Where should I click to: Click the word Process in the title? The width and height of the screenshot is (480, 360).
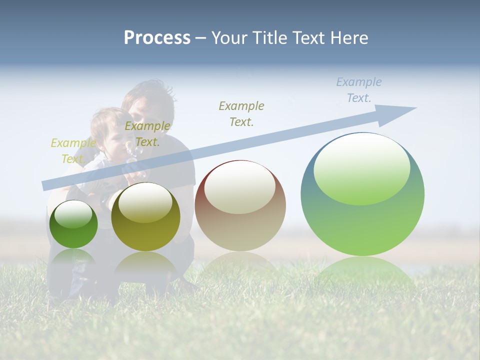157,38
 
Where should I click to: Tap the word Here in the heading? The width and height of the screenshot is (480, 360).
348,38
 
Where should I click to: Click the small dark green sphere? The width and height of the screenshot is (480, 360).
73,224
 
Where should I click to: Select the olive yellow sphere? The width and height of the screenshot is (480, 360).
145,216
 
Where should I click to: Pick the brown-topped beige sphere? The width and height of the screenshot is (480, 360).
240,205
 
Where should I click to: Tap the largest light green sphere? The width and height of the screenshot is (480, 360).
362,194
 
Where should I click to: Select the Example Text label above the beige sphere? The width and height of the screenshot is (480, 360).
241,113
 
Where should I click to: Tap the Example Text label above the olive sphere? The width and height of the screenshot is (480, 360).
147,134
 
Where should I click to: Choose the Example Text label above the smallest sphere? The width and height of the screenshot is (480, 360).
73,151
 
